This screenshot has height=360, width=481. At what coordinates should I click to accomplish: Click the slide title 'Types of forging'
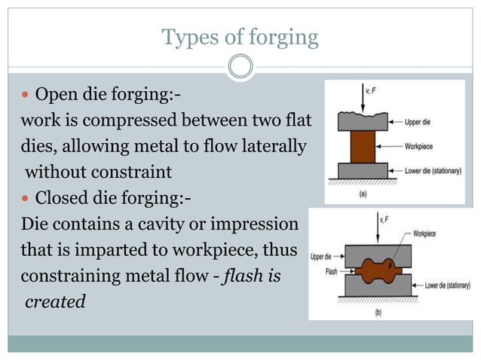[240, 36]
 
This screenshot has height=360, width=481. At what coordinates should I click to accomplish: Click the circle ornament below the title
[240, 67]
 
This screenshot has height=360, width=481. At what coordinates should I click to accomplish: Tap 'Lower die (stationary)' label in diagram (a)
[430, 170]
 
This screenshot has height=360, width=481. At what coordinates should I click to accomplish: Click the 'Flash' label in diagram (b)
[331, 272]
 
